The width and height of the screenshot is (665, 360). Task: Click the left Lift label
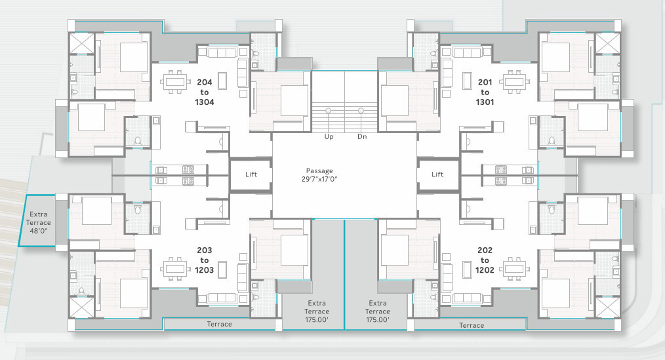251,174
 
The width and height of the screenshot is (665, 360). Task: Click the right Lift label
437,174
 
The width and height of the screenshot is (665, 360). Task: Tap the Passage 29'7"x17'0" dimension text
319,174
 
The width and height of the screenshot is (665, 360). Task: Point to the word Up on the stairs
329,136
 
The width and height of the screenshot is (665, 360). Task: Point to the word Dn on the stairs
362,136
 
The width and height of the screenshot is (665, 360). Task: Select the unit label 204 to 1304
205,92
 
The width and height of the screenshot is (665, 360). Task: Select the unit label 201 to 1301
485,92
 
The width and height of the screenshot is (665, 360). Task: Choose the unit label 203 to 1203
205,260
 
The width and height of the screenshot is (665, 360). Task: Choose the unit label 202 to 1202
485,260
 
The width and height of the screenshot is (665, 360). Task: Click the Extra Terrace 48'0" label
38,222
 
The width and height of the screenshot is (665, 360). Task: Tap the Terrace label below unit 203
219,324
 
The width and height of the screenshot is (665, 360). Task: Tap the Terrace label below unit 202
471,325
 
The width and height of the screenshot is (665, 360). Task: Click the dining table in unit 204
174,81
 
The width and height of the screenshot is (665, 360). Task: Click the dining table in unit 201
514,81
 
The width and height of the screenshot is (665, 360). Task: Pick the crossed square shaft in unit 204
81,43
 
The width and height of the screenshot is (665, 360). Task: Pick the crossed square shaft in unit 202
607,307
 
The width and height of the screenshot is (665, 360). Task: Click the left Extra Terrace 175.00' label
317,311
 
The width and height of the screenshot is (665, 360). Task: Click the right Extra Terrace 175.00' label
378,311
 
